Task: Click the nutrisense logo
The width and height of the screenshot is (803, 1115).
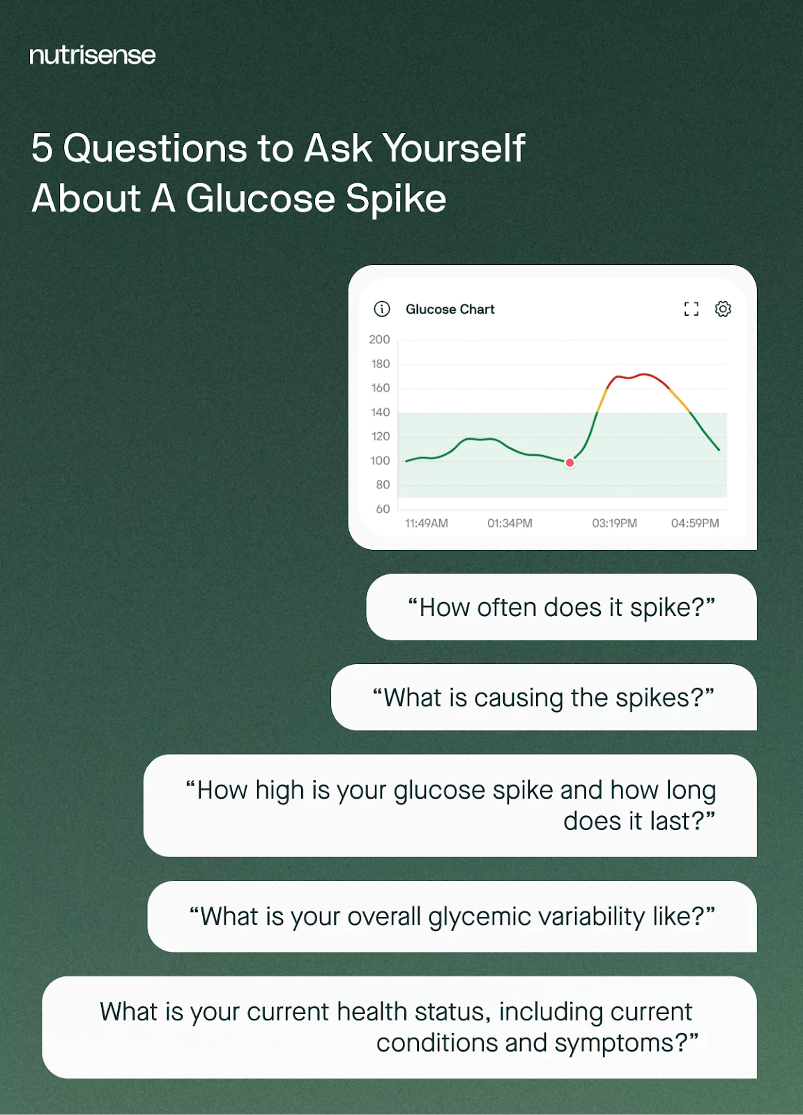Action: click(93, 55)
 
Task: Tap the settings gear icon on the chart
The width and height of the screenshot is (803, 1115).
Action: click(722, 309)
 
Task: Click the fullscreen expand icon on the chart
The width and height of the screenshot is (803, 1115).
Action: click(691, 309)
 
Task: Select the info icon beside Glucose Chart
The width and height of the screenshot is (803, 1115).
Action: click(382, 309)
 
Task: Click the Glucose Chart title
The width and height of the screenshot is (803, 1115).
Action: click(450, 309)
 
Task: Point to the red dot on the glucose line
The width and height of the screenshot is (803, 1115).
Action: click(569, 463)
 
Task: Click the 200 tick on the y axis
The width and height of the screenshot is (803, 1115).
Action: click(379, 339)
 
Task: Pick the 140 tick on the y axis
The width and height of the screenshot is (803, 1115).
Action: click(381, 412)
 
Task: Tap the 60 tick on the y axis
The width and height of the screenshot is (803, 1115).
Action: click(383, 509)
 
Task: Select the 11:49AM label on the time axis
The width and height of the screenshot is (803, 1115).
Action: click(426, 523)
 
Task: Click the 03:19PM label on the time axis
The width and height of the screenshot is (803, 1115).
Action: click(614, 523)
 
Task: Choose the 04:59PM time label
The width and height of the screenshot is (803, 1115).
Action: click(695, 523)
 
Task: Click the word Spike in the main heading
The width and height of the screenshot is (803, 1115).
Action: click(396, 199)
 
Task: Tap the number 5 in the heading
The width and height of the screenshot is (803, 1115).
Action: click(42, 148)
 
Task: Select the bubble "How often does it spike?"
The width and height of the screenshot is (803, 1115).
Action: click(562, 607)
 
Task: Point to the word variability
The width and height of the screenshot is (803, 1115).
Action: click(591, 917)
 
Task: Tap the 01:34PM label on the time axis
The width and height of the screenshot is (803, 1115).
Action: click(510, 523)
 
